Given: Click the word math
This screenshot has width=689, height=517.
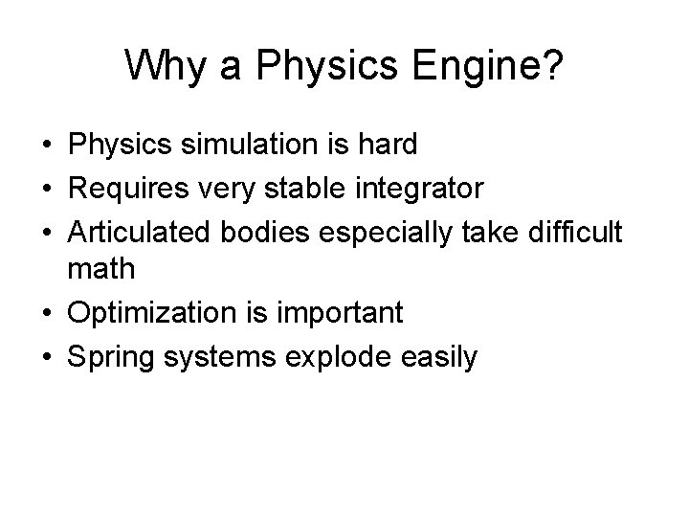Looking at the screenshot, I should coord(101,269).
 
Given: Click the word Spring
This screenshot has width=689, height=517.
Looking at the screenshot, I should coord(106,356).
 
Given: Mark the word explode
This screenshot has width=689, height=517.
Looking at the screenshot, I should coord(327,356).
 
